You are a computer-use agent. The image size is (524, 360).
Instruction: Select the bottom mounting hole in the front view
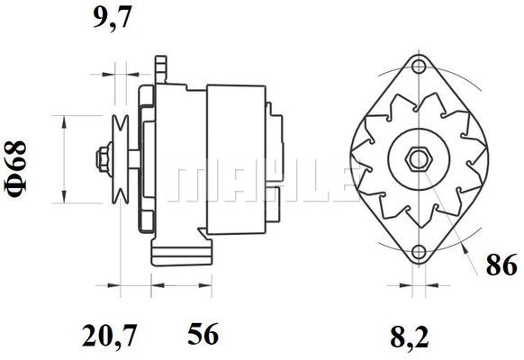[417, 252]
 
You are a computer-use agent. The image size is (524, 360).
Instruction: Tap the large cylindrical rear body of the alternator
[236, 162]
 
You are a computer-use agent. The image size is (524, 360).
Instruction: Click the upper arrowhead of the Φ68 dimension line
[63, 120]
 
